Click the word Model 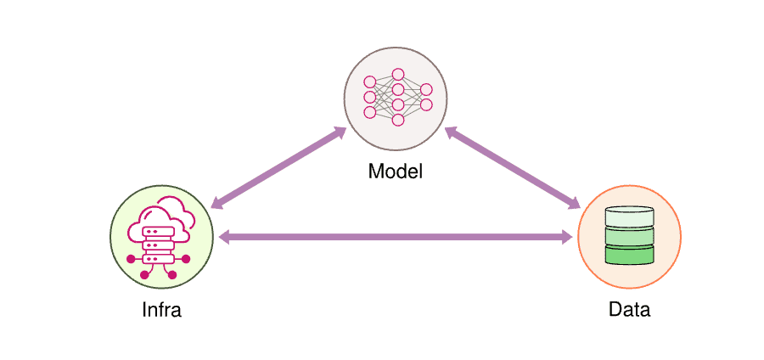(x=395, y=172)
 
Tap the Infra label (x=161, y=310)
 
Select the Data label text (x=629, y=310)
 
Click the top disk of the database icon (x=629, y=216)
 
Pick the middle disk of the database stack (x=629, y=235)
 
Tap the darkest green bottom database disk (x=629, y=254)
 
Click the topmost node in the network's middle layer (x=397, y=74)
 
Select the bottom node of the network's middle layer (x=397, y=120)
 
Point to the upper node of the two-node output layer (x=426, y=89)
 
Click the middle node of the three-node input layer (x=369, y=97)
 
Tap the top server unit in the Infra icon (x=154, y=230)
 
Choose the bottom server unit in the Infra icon (x=154, y=257)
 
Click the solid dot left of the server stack (x=131, y=258)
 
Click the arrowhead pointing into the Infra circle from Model (x=216, y=204)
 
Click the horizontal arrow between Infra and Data (x=396, y=238)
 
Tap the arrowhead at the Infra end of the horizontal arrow (x=224, y=238)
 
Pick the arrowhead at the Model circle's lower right (x=451, y=133)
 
